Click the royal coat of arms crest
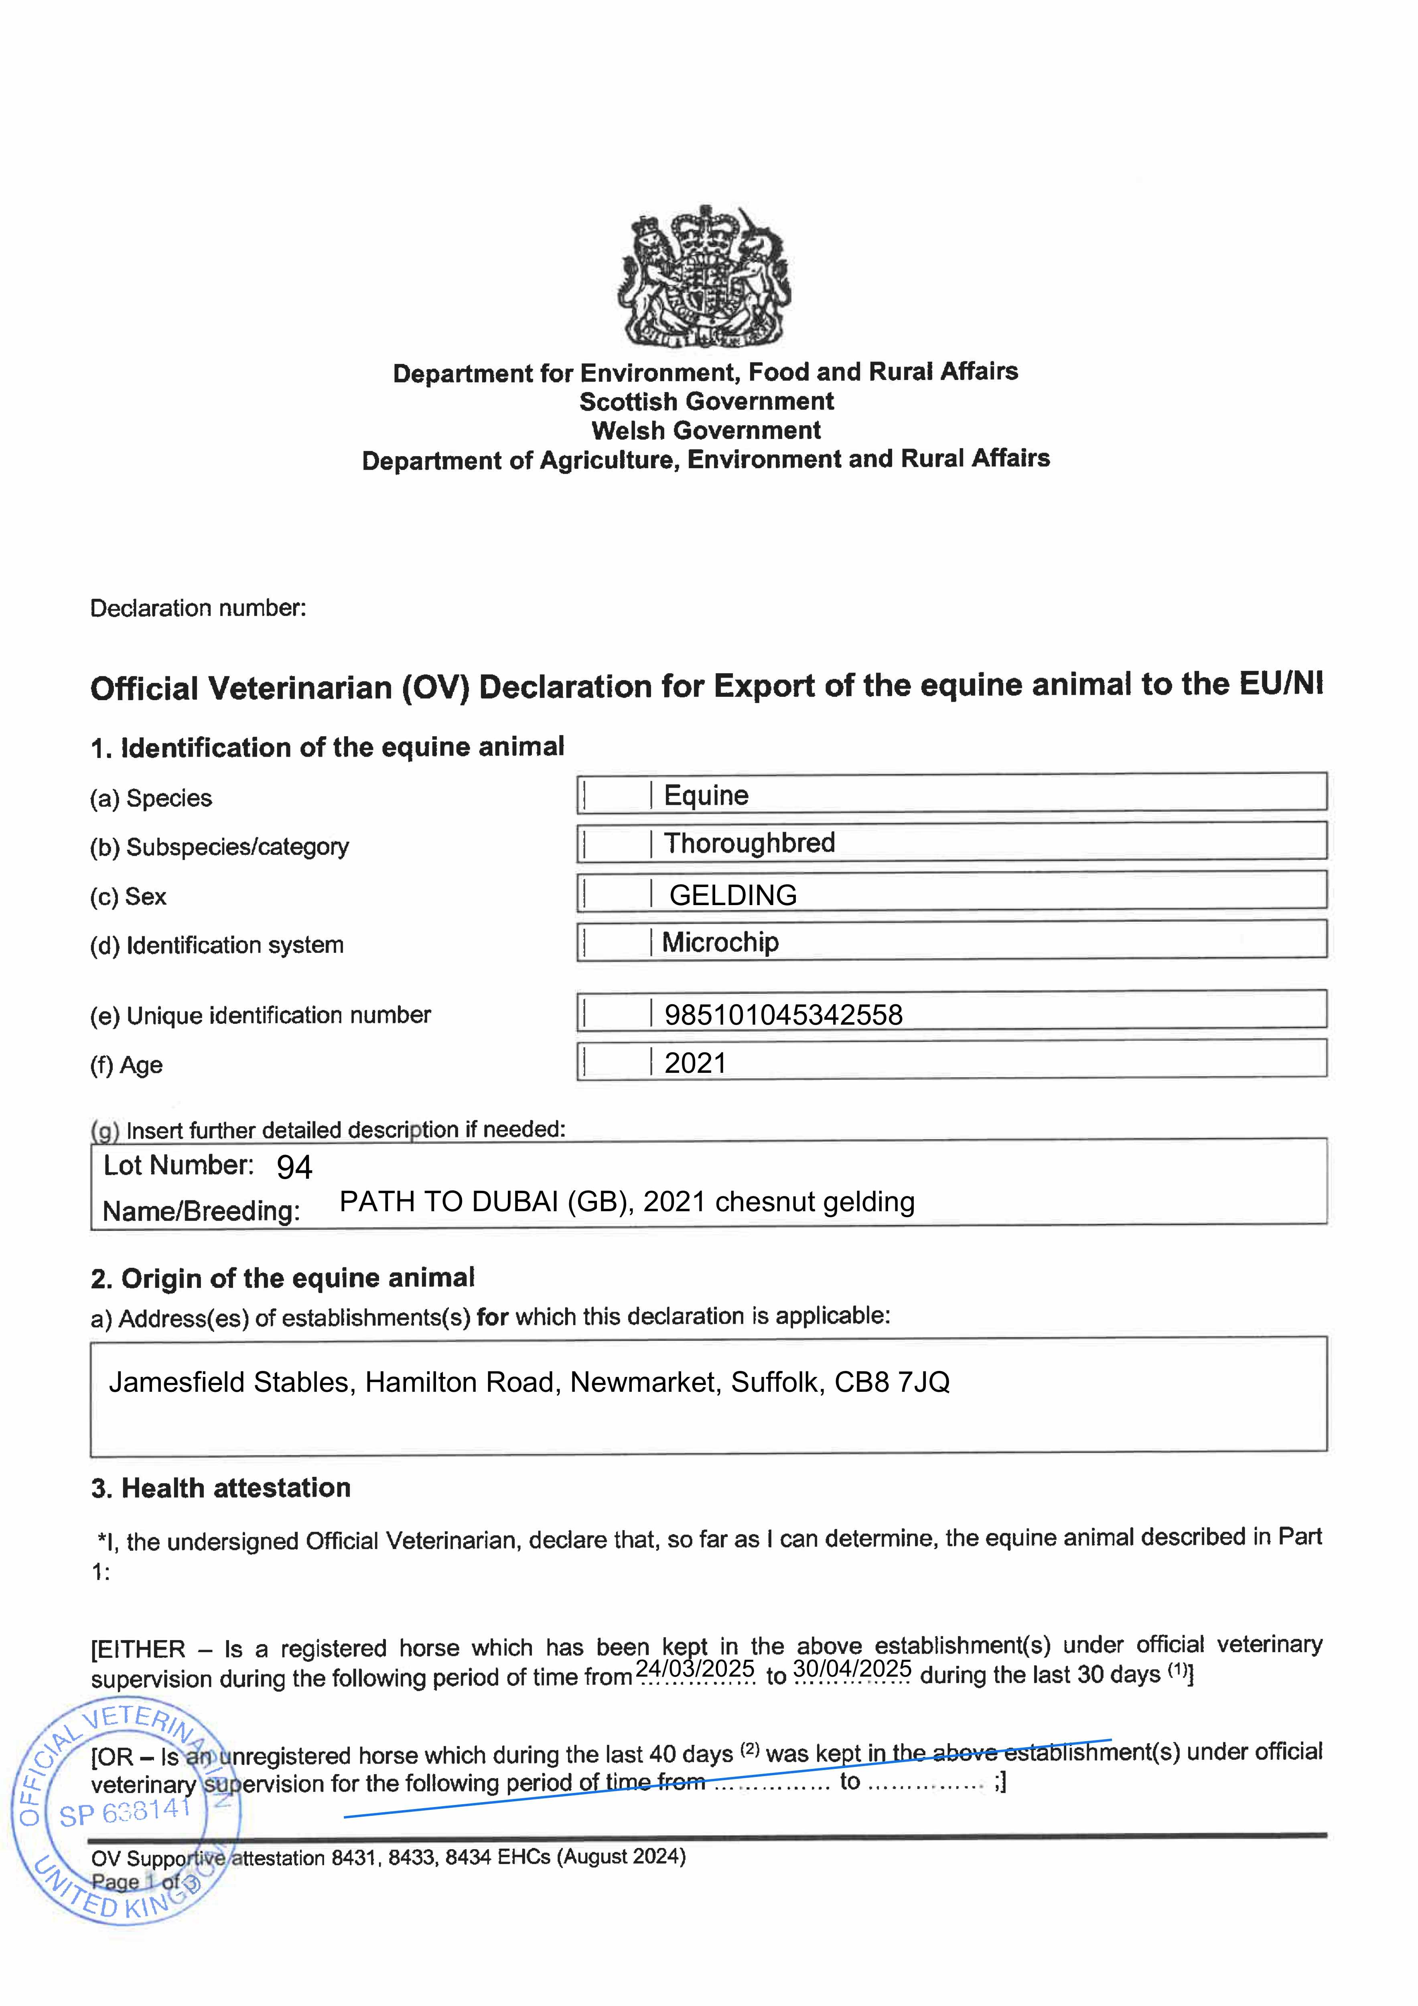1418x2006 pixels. pos(706,277)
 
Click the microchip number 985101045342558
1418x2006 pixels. pos(783,1014)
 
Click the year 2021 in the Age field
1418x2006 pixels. pos(696,1063)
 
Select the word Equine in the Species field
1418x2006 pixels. pos(706,795)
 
